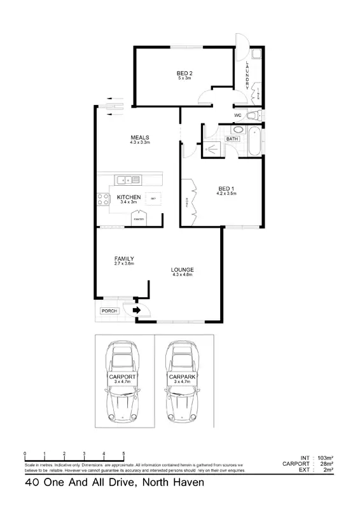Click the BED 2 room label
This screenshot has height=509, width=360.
click(184, 73)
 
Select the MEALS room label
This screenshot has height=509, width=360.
click(139, 137)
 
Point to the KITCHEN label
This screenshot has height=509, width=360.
click(129, 198)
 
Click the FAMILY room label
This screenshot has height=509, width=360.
click(123, 258)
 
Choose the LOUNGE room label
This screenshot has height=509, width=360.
click(182, 270)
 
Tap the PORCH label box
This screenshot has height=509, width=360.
click(111, 311)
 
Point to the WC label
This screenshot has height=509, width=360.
click(237, 115)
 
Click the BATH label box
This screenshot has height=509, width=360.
click(232, 138)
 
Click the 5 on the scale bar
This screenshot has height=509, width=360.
click(123, 454)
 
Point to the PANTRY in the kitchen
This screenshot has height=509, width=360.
click(138, 218)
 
